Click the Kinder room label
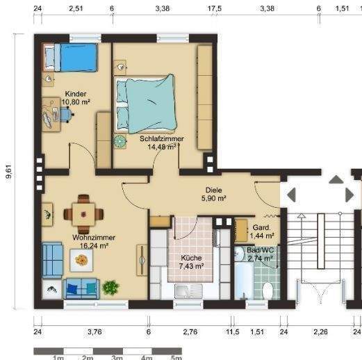[76, 94]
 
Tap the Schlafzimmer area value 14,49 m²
[162, 147]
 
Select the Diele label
[214, 190]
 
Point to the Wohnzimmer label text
[94, 238]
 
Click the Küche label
[191, 258]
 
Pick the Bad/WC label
[261, 250]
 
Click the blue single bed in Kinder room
[70, 57]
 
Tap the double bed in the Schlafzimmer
[146, 104]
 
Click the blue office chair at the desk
[66, 115]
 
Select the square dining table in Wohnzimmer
[83, 214]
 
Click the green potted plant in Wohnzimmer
[110, 288]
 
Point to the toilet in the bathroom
[268, 291]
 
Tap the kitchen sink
[188, 291]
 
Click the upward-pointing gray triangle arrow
[336, 179]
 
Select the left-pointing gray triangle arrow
[291, 195]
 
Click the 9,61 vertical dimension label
[8, 172]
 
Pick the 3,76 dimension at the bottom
[94, 332]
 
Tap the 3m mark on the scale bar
[117, 357]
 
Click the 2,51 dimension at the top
[76, 8]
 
